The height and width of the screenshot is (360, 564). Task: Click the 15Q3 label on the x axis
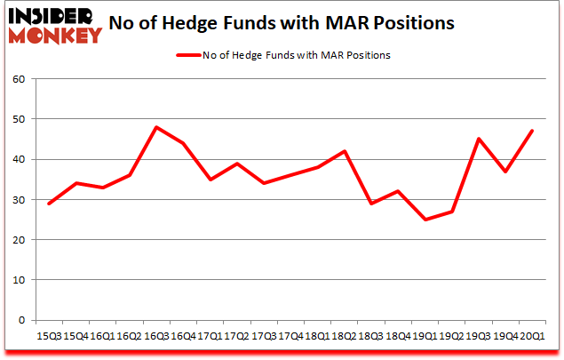click(x=49, y=336)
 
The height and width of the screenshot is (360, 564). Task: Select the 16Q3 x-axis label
click(x=156, y=336)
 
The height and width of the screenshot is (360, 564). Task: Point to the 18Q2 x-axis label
click(x=345, y=336)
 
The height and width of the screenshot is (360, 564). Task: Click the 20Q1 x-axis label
click(x=532, y=336)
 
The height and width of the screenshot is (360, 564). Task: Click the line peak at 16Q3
click(x=156, y=127)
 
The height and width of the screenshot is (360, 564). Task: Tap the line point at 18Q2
click(x=345, y=151)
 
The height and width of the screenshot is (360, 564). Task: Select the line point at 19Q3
click(x=478, y=139)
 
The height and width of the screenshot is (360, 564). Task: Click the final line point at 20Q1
click(x=532, y=131)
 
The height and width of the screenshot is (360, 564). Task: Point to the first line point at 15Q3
click(x=49, y=204)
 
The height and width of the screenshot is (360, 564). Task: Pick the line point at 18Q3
click(x=371, y=204)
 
